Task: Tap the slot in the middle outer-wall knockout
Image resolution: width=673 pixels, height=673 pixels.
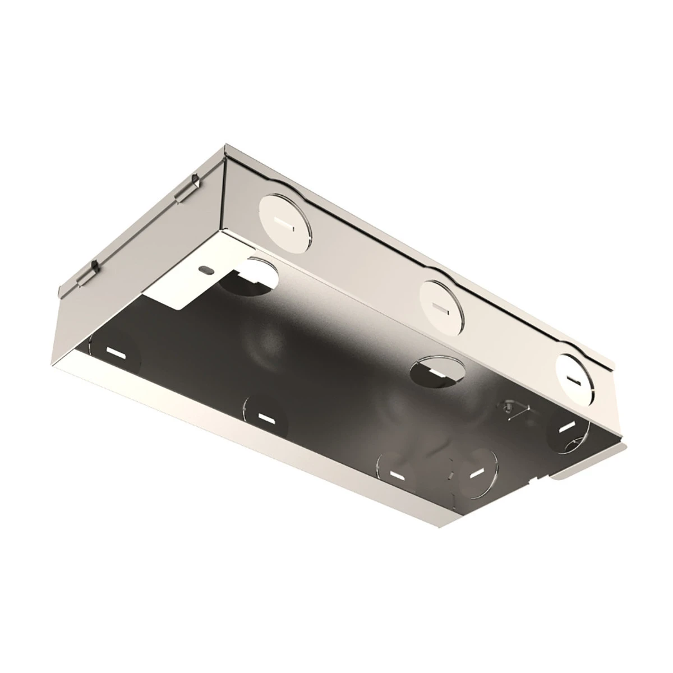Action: [441, 306]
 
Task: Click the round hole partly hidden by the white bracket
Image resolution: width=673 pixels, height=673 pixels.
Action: [252, 278]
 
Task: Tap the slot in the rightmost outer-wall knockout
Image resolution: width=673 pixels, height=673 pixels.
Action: [573, 380]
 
